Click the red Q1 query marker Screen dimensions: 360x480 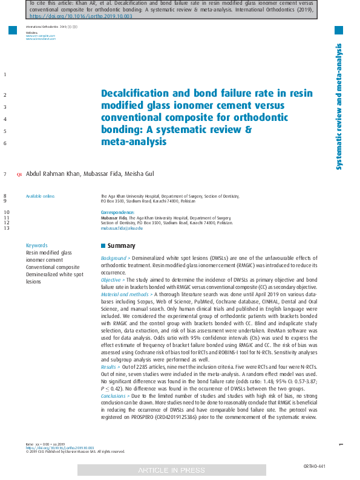pos(19,175)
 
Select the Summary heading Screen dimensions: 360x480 pos(121,246)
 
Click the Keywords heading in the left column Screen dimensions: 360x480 pos(36,245)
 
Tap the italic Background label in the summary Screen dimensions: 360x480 pos(114,258)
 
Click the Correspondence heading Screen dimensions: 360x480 pos(117,213)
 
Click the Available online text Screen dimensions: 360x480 pos(40,196)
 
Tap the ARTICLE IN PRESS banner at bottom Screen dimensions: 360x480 pos(171,470)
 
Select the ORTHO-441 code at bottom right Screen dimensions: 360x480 pos(314,466)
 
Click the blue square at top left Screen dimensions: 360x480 pos(13,30)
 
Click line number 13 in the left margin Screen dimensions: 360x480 pos(6,228)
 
